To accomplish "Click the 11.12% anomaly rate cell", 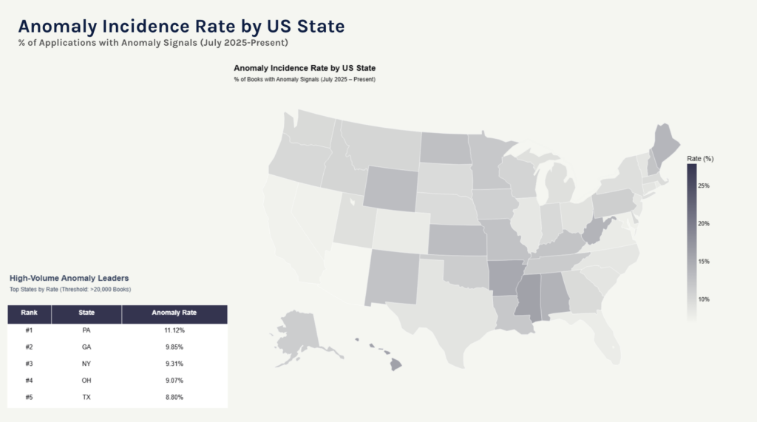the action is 174,330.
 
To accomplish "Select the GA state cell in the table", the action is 86,347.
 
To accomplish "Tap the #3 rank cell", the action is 29,364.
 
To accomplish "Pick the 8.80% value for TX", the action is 174,398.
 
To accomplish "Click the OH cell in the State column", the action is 86,381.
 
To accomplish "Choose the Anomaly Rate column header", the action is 174,313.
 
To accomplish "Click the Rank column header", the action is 29,313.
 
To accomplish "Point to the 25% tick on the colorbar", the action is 704,186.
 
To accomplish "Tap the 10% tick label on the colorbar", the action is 704,299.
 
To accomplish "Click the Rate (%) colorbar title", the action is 700,159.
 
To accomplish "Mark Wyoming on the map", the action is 390,188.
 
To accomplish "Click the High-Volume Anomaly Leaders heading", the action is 69,278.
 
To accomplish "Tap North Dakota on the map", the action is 445,147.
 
